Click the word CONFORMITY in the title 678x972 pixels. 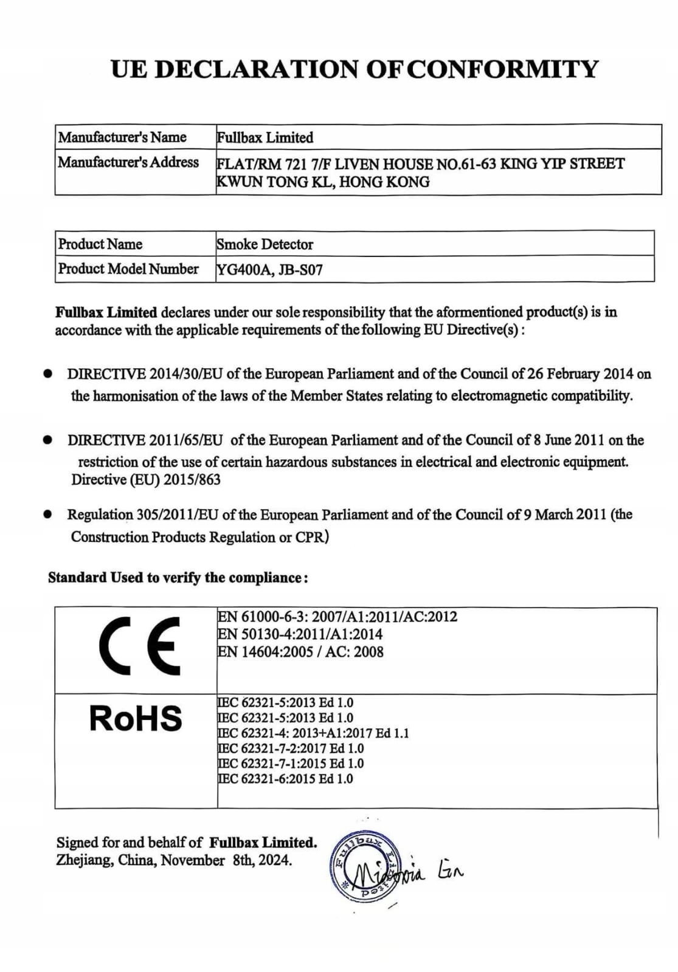tap(502, 69)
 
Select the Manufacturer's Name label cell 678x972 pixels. tap(122, 137)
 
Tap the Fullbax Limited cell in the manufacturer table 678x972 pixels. tap(265, 138)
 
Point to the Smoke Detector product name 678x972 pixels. tap(265, 244)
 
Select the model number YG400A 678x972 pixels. tap(243, 270)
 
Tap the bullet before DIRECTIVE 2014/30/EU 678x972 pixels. tap(47, 374)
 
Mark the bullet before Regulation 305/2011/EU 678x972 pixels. tap(47, 515)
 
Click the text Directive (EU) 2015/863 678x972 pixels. tap(146, 480)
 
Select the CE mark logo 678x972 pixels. tap(139, 645)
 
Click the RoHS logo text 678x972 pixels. tap(136, 718)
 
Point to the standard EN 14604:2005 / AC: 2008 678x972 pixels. tap(300, 652)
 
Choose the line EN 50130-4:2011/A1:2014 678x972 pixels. tap(300, 634)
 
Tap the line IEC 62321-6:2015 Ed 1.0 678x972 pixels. tap(285, 779)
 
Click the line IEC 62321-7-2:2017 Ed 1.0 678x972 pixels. tap(291, 748)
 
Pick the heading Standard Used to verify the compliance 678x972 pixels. tap(178, 578)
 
